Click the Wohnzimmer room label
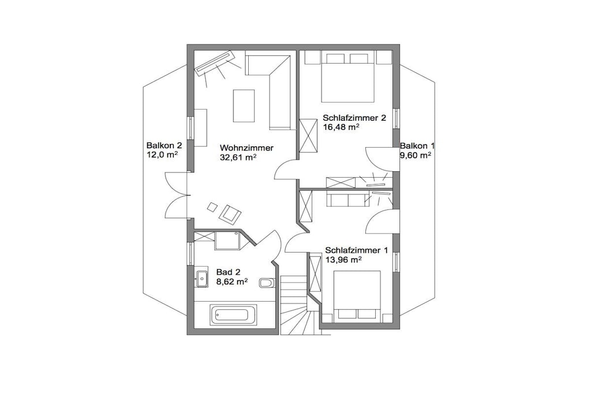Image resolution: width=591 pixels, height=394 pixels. coord(246,148)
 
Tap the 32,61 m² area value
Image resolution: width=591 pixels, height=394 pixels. coord(238,157)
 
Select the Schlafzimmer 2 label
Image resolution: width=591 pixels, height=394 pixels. coord(354,118)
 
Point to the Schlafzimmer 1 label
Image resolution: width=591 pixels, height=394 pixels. coord(357,250)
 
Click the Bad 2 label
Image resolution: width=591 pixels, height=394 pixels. coord(229,272)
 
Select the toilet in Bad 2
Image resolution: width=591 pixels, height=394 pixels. coord(268,283)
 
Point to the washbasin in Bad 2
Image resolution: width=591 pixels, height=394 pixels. coord(201,279)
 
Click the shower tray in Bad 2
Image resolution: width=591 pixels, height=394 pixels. coord(227,241)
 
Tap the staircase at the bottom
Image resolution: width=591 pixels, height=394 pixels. coord(300,305)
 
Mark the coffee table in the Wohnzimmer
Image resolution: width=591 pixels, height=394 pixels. coord(244,106)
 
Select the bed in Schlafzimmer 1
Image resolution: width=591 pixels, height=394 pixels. coord(357,297)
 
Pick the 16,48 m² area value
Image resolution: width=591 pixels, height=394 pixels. coord(341,127)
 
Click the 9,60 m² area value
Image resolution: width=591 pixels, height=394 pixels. coord(416,155)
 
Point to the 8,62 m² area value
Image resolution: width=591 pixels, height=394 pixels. coord(232,282)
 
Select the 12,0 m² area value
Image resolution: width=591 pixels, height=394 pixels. coord(162,155)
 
